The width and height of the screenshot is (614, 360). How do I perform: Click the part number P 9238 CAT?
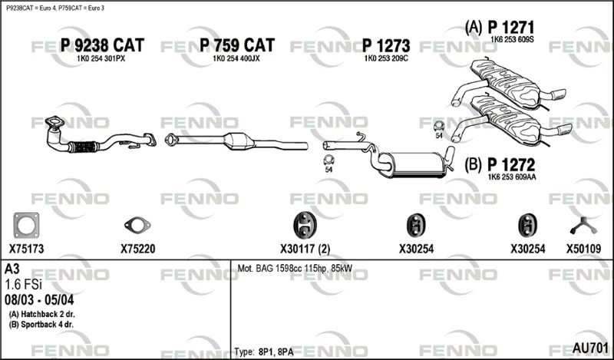102,45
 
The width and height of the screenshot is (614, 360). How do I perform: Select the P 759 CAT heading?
237,45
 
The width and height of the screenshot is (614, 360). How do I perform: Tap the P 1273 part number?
386,46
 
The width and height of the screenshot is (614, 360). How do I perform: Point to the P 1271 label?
510,28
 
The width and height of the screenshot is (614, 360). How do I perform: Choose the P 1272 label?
511,164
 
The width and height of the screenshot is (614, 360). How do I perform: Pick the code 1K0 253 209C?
386,59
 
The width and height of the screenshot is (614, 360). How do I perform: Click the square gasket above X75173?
26,226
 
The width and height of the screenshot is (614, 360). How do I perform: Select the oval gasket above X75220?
137,225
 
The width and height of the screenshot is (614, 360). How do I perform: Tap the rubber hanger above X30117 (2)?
305,225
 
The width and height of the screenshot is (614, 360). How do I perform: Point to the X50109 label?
583,249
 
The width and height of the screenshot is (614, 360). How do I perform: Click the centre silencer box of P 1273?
416,164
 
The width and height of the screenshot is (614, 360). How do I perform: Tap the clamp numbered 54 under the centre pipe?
328,160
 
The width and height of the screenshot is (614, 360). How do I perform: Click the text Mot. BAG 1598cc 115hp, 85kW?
295,269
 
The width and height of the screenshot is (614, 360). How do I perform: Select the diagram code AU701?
590,348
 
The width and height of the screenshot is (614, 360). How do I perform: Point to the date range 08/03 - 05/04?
39,300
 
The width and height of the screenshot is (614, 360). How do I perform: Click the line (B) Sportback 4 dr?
41,325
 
